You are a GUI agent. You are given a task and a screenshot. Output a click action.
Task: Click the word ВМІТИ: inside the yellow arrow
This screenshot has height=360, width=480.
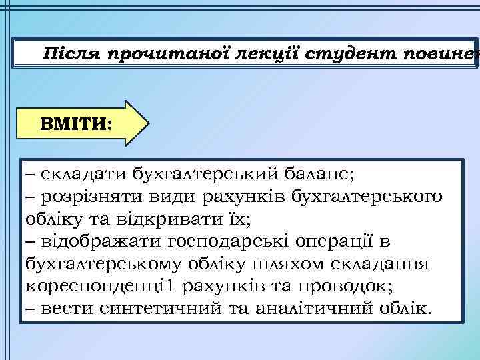point(76,123)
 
